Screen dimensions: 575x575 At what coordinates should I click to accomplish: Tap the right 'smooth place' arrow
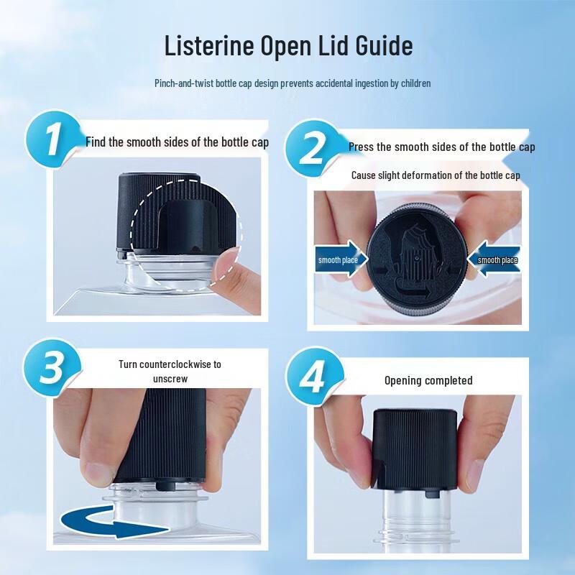[493, 260]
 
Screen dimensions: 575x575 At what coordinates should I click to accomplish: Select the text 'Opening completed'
[428, 380]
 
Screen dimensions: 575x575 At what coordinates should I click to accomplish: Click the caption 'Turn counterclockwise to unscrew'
[170, 371]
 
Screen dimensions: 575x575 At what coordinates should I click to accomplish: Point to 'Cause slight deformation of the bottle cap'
[436, 175]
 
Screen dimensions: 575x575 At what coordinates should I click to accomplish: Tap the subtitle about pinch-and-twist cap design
[293, 83]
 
